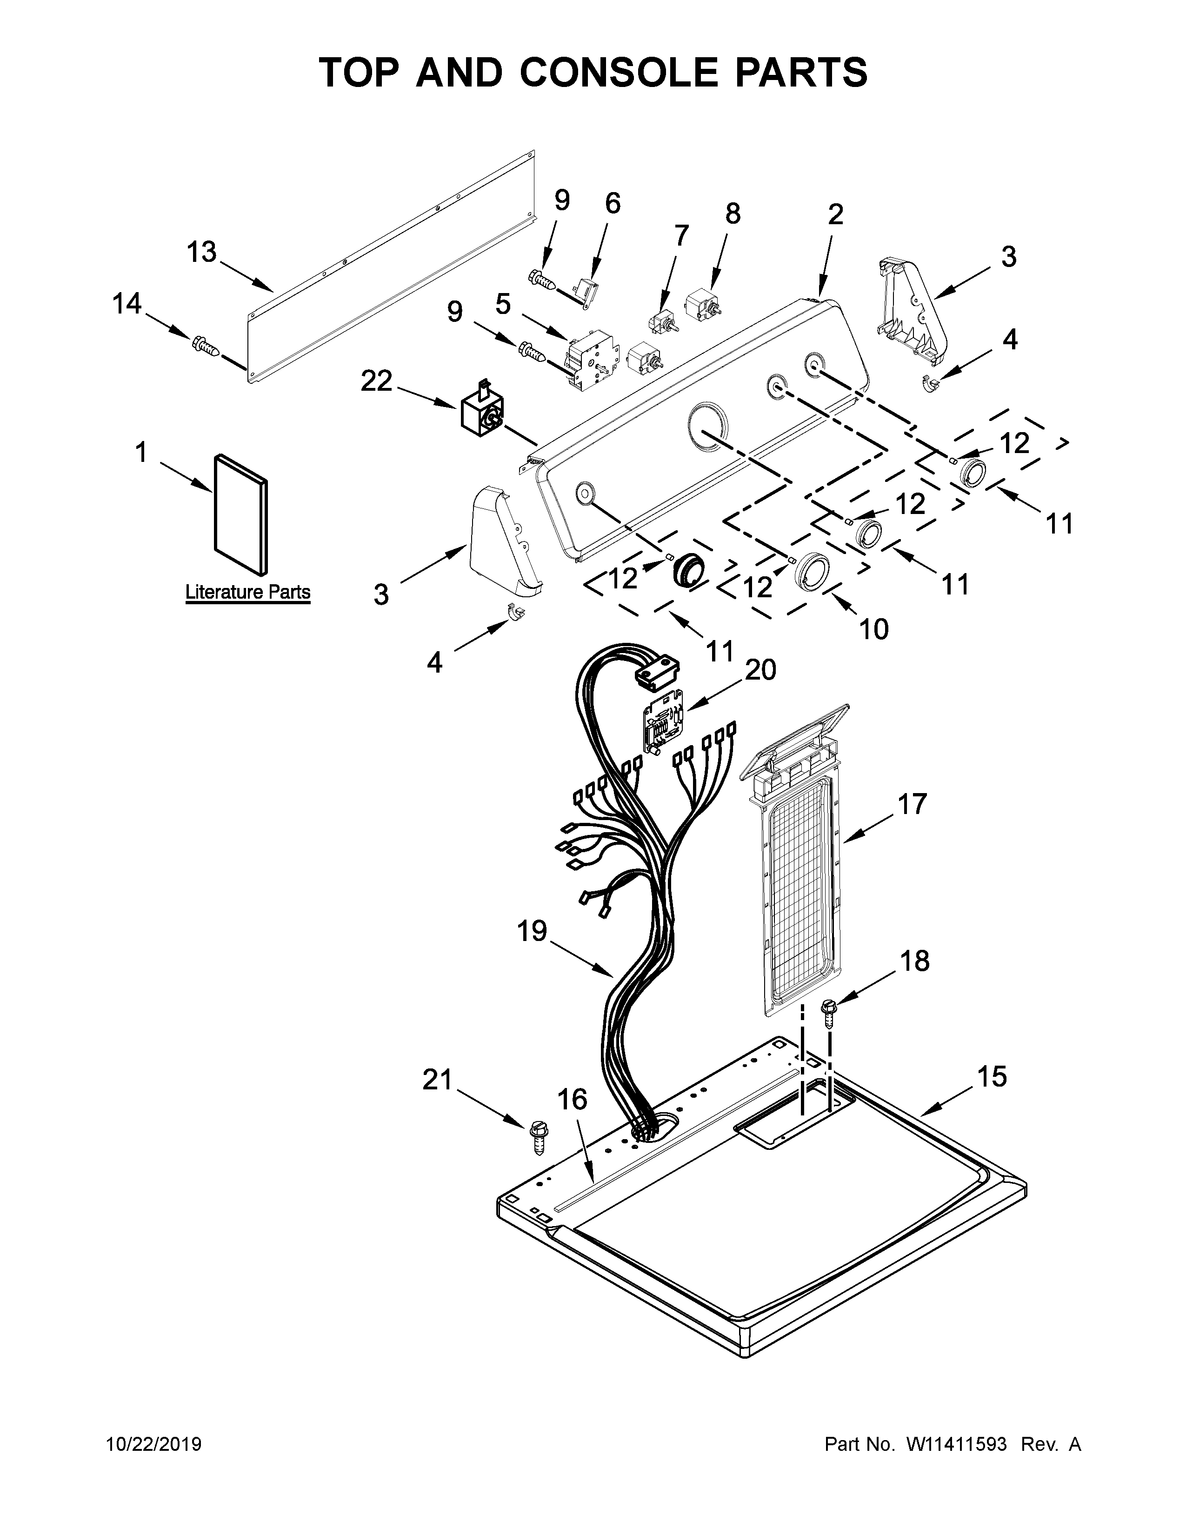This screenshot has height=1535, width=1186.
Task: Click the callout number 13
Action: click(202, 252)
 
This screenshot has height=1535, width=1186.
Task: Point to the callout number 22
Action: click(377, 381)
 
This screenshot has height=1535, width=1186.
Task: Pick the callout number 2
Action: click(835, 214)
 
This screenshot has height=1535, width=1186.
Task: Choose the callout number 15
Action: click(992, 1076)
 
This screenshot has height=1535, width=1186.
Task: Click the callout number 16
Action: click(572, 1099)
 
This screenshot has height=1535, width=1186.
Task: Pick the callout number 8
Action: click(732, 213)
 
